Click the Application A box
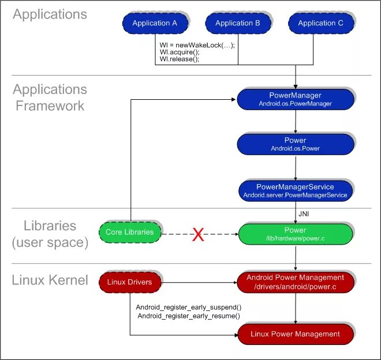(155, 23)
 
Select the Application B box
(238, 23)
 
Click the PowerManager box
(296, 99)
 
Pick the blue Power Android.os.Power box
(296, 144)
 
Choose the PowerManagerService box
(296, 191)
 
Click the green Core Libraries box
(129, 232)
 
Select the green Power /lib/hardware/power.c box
(296, 234)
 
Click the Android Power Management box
(296, 282)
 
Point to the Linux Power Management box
(296, 334)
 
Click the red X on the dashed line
(198, 235)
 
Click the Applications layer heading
(50, 14)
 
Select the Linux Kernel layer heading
(50, 281)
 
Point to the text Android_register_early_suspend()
(188, 307)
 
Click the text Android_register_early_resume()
(188, 316)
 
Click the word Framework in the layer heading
(50, 106)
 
